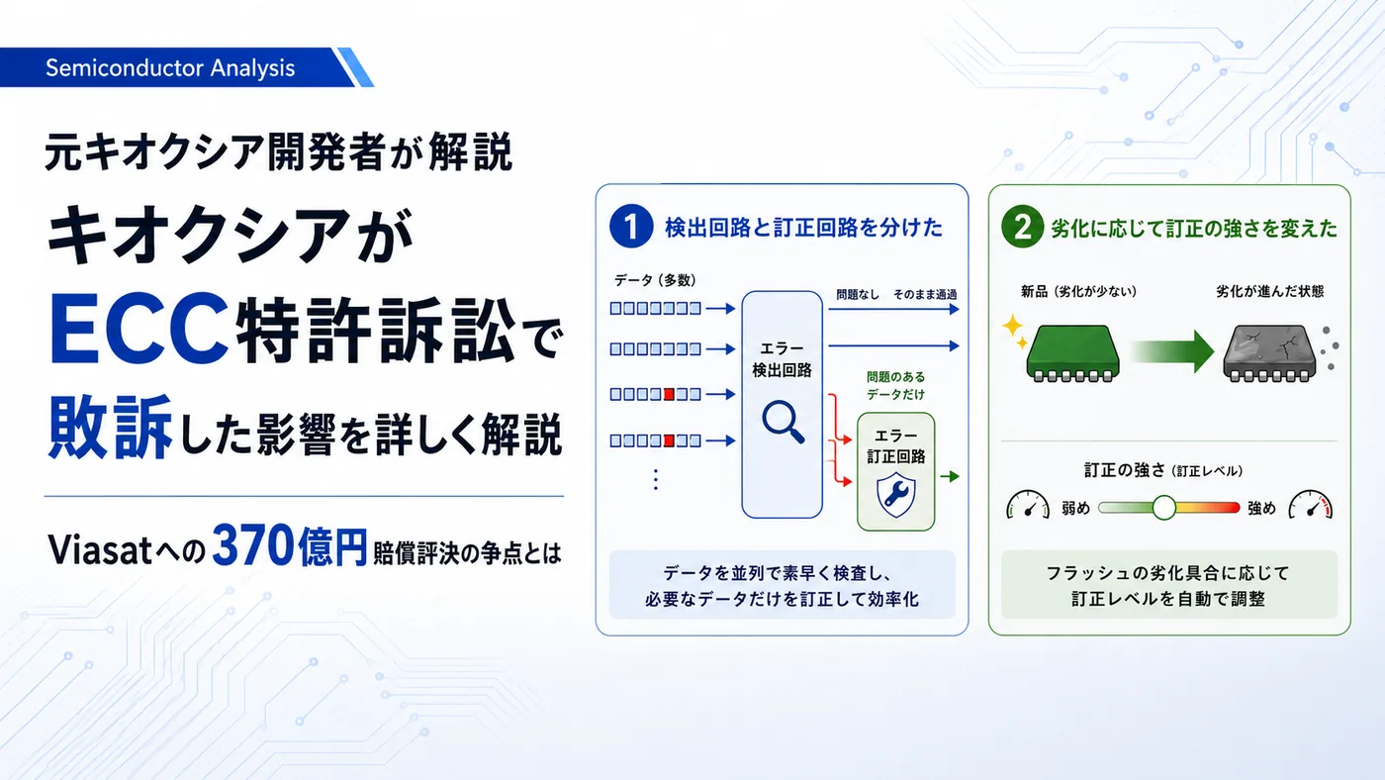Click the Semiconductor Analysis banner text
[170, 68]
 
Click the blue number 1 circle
[631, 227]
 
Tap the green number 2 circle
[1023, 227]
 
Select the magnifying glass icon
[784, 422]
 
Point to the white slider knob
[1164, 508]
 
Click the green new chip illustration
[1072, 352]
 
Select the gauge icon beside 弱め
[1028, 506]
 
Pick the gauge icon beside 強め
[1310, 506]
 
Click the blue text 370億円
[289, 545]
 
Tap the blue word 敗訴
[110, 427]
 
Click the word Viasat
[100, 550]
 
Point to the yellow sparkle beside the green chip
[1015, 331]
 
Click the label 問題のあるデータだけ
[896, 385]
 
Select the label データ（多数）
[655, 280]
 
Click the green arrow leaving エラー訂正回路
[950, 476]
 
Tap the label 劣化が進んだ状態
[1269, 291]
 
